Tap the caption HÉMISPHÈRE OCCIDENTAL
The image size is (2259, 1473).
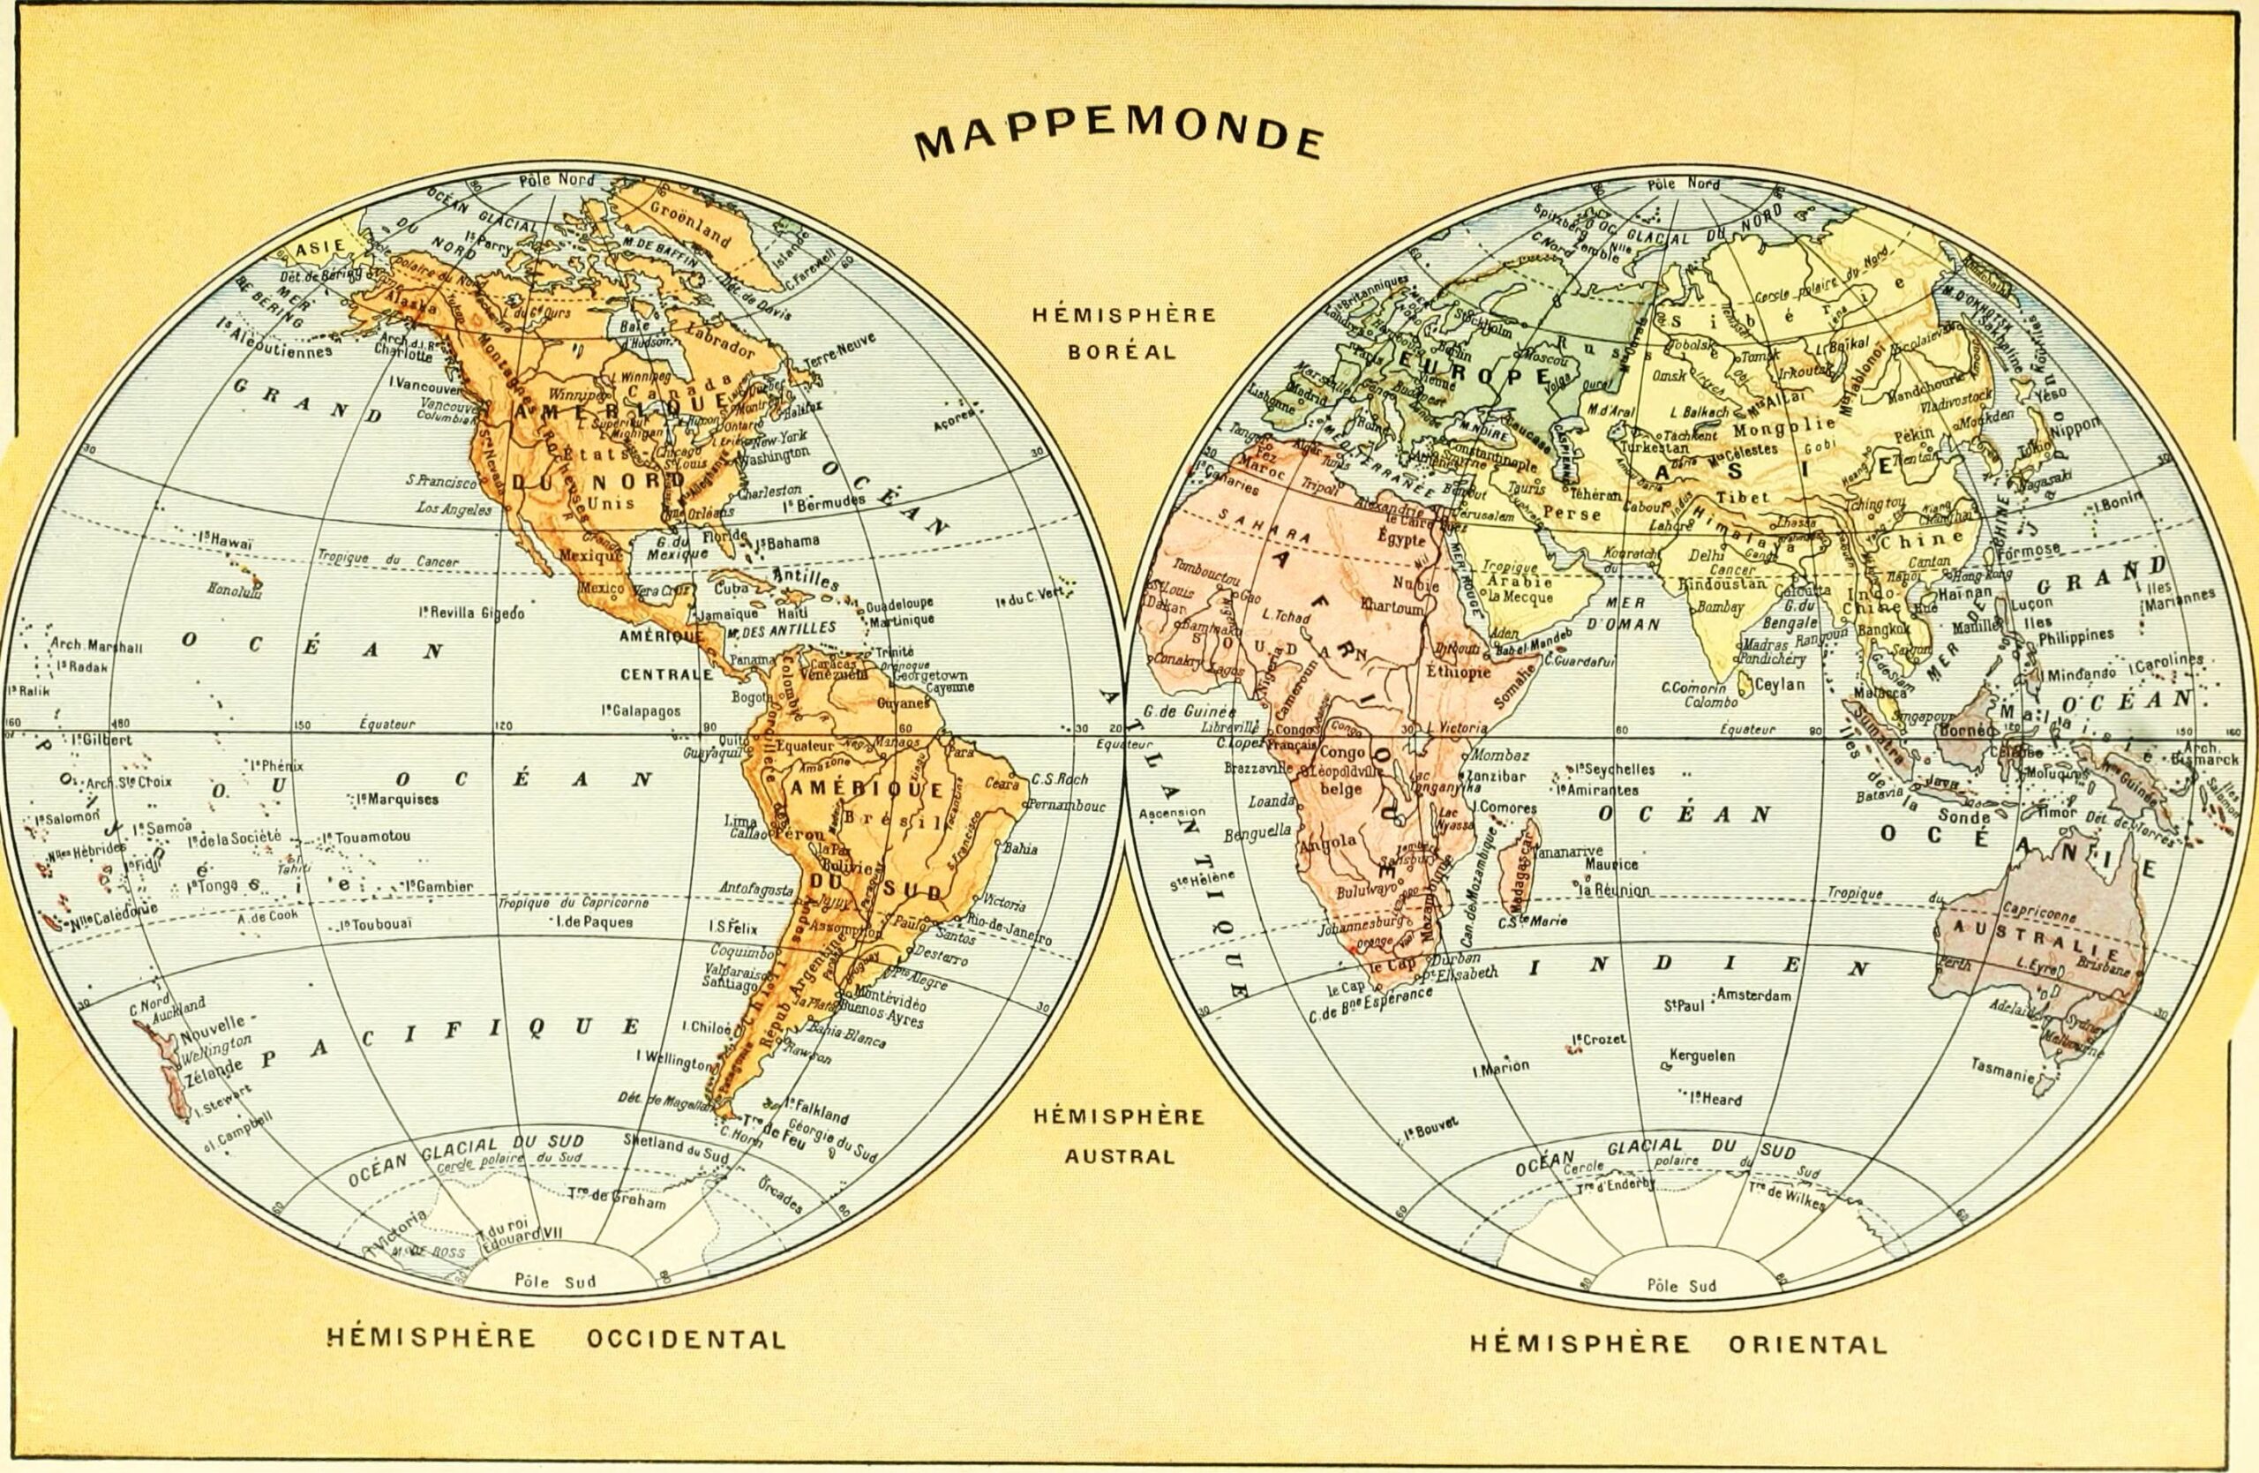pos(556,1339)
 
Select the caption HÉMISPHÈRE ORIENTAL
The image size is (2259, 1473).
pos(1678,1344)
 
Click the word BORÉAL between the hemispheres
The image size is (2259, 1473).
pos(1122,351)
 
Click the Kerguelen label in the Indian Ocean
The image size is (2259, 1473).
pos(1704,1056)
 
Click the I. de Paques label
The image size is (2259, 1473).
pos(594,921)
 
